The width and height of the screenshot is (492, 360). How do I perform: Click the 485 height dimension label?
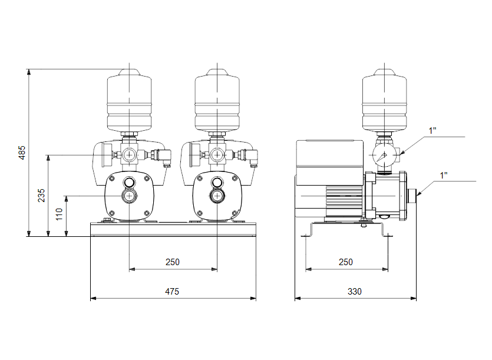pyautogui.click(x=22, y=153)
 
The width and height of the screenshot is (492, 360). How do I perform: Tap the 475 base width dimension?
pyautogui.click(x=171, y=292)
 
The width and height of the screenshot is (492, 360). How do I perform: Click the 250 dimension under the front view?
pyautogui.click(x=172, y=262)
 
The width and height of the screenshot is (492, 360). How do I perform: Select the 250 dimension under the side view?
pyautogui.click(x=346, y=262)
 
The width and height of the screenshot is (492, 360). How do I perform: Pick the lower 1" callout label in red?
pyautogui.click(x=443, y=175)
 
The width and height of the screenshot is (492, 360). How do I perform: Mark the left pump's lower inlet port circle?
pyautogui.click(x=128, y=196)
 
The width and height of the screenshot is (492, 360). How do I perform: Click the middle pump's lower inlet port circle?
pyautogui.click(x=217, y=196)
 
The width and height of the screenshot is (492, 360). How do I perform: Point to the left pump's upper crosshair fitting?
pyautogui.click(x=128, y=155)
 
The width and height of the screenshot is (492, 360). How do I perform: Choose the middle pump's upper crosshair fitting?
pyautogui.click(x=217, y=155)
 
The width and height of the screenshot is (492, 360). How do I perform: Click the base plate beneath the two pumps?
pyautogui.click(x=173, y=229)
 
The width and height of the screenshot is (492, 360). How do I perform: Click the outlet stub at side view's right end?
pyautogui.click(x=412, y=193)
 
